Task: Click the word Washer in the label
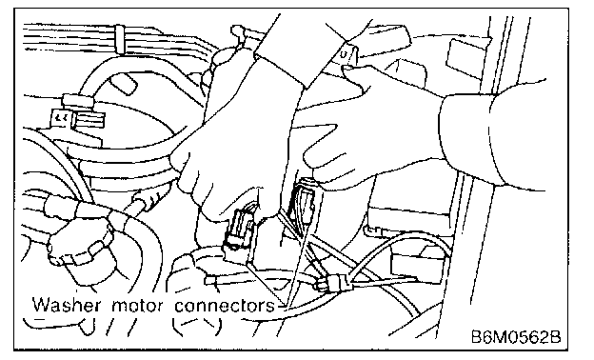(67, 305)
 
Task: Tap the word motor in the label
(137, 306)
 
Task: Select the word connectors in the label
(224, 306)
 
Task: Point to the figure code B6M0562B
(516, 336)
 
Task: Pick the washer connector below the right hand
(302, 198)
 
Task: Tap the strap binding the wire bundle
(120, 39)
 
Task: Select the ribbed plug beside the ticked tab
(90, 119)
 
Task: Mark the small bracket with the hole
(347, 54)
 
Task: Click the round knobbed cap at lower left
(80, 247)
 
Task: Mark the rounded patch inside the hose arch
(124, 84)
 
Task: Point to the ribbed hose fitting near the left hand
(148, 198)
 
